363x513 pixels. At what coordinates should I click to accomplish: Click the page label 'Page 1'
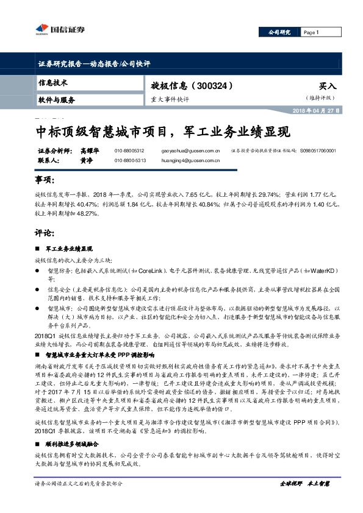coord(311,32)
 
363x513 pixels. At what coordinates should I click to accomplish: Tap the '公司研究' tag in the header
coord(279,32)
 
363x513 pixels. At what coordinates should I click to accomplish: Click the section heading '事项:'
coord(45,181)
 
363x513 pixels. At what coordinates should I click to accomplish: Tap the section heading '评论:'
coord(45,233)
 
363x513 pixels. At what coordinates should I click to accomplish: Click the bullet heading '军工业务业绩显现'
coord(69,249)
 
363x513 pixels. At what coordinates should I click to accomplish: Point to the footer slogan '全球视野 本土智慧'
coord(304,500)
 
